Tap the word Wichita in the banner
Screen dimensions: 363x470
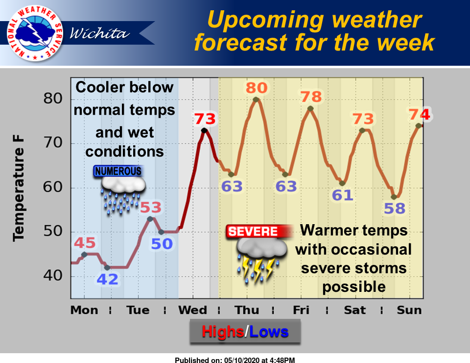99,33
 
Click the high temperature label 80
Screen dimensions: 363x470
256,88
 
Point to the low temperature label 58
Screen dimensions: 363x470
394,208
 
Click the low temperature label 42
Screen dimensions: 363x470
108,279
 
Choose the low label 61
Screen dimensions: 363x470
343,195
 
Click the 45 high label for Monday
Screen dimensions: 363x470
85,243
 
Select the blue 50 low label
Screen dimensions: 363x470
162,243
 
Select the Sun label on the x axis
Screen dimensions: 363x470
409,311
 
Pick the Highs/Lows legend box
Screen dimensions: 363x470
245,332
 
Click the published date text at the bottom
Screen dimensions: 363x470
235,360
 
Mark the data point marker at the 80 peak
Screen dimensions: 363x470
256,100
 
